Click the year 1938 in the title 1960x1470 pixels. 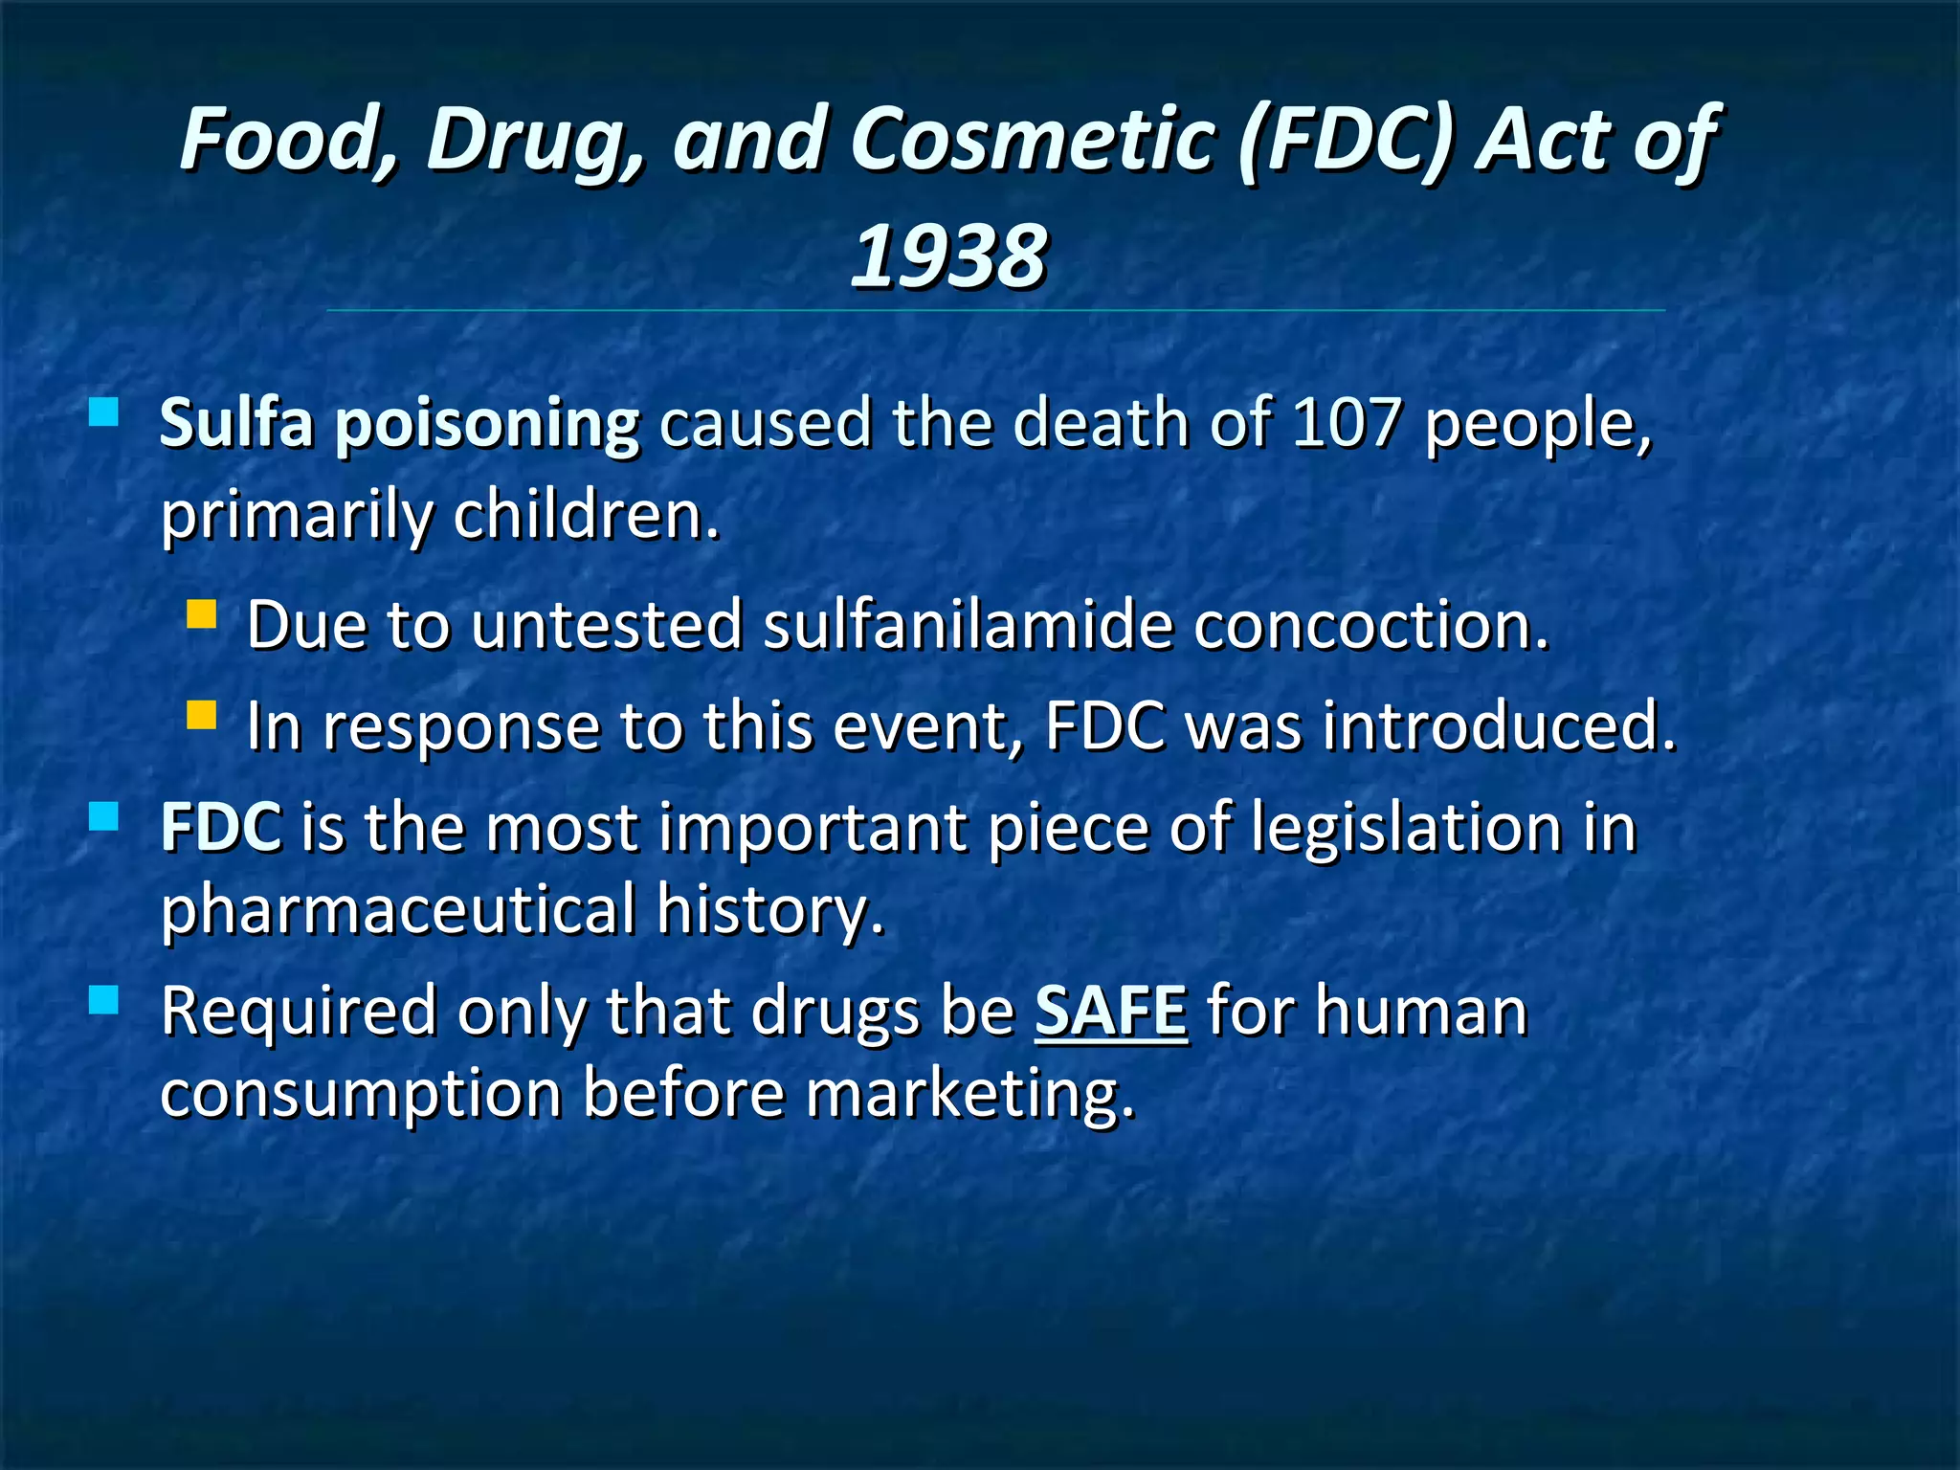948,256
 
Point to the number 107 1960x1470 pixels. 1347,422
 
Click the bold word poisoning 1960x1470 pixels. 486,424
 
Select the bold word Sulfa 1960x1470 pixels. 236,422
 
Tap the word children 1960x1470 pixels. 586,514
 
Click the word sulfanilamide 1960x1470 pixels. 968,625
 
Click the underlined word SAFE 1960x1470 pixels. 1111,1011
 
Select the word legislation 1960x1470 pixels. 1408,827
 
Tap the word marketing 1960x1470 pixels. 969,1094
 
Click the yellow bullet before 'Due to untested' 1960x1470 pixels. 201,613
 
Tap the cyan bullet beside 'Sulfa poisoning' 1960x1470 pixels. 103,412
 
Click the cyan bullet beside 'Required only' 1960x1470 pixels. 103,1000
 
